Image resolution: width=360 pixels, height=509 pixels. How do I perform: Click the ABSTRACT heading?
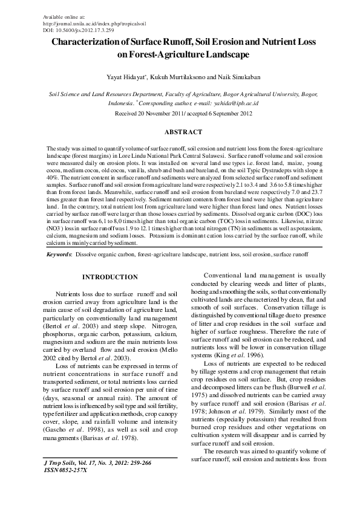[180, 131]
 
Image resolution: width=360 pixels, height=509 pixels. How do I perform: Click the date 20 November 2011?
[165, 113]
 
